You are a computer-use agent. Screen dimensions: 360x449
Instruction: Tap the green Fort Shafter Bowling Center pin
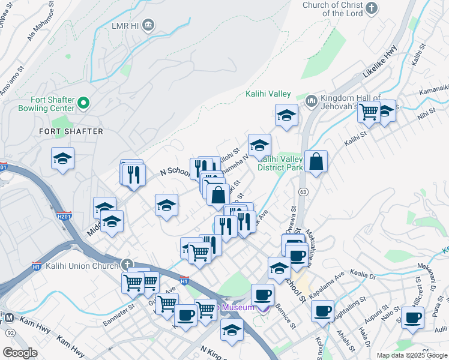point(83,104)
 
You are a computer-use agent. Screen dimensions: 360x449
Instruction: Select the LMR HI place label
point(124,26)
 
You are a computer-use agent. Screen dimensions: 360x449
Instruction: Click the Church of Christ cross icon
point(372,8)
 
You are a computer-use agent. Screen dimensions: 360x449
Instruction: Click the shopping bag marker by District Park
point(316,161)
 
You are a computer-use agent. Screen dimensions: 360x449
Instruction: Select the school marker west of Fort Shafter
point(62,158)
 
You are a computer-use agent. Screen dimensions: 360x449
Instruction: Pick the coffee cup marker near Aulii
point(412,317)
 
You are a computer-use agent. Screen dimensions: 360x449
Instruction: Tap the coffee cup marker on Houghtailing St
point(322,311)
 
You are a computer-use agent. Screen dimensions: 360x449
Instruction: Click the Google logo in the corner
point(20,353)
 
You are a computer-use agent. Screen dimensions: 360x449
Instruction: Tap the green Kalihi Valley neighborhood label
point(268,94)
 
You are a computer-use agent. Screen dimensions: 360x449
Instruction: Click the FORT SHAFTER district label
point(71,131)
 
